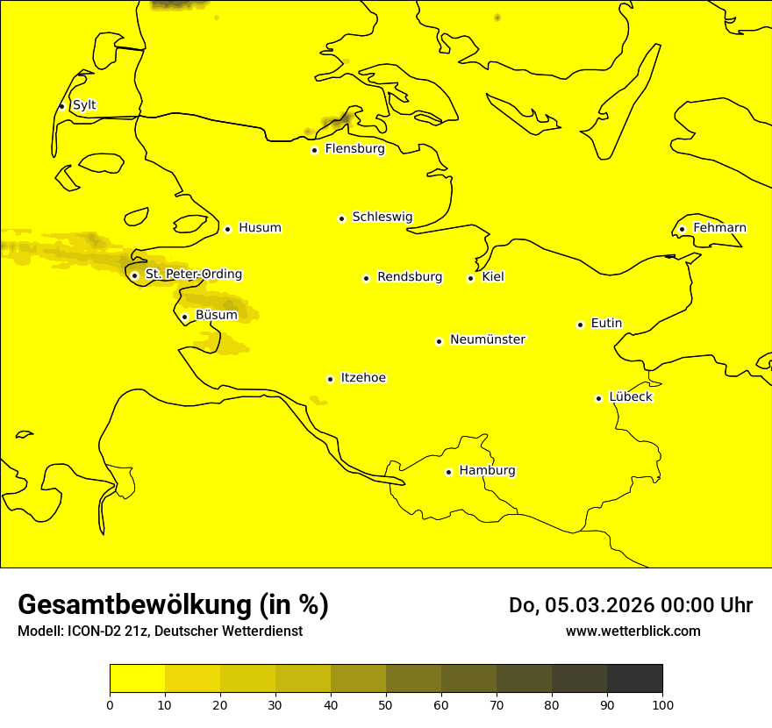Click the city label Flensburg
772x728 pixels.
(x=354, y=149)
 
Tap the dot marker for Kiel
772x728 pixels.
(x=471, y=278)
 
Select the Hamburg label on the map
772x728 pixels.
(x=487, y=471)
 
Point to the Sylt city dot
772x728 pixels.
(x=61, y=106)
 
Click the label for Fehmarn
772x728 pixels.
(x=719, y=228)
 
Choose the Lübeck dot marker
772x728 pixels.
(x=599, y=398)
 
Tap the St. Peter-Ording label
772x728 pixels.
(x=193, y=275)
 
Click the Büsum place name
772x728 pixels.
(x=216, y=316)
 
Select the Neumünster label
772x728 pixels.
(x=488, y=339)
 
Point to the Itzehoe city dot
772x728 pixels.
(x=330, y=379)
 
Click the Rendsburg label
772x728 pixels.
(x=410, y=277)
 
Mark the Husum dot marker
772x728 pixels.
(x=227, y=229)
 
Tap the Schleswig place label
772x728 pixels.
(x=382, y=217)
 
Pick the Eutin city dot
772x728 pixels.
(x=580, y=325)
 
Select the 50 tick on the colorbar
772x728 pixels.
(x=386, y=704)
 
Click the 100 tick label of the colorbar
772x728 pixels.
(x=662, y=704)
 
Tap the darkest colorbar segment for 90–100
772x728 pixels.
(x=634, y=678)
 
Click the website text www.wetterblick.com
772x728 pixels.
(x=633, y=632)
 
